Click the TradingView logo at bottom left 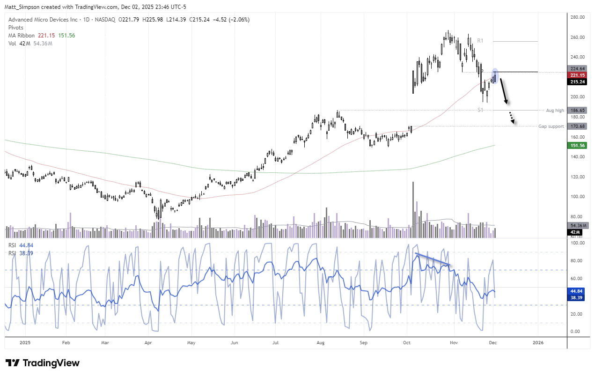pos(42,363)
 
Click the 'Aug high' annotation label pos(555,110)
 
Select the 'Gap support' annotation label pos(551,126)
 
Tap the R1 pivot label pos(480,41)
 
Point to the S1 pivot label pos(480,110)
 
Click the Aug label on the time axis pos(320,342)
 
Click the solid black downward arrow pos(504,91)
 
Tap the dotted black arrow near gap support pos(512,118)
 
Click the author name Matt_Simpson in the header pos(24,7)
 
